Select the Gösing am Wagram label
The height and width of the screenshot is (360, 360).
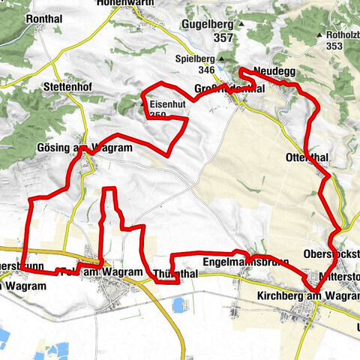click(x=84, y=148)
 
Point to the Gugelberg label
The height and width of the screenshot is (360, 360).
click(x=208, y=24)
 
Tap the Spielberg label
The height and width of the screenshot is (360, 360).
click(x=195, y=57)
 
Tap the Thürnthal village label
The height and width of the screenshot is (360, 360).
click(x=175, y=274)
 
